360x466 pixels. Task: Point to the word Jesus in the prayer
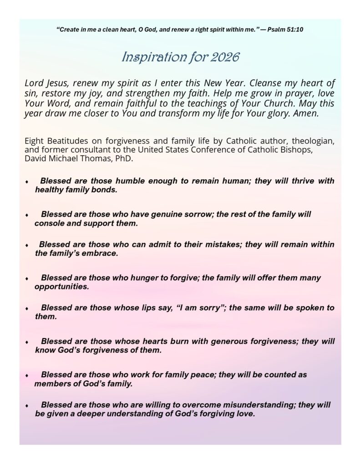point(57,83)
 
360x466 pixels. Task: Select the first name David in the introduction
point(36,160)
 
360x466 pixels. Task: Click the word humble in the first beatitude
point(133,181)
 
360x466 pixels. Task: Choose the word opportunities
point(61,287)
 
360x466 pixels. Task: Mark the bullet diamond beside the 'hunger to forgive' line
point(27,279)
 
